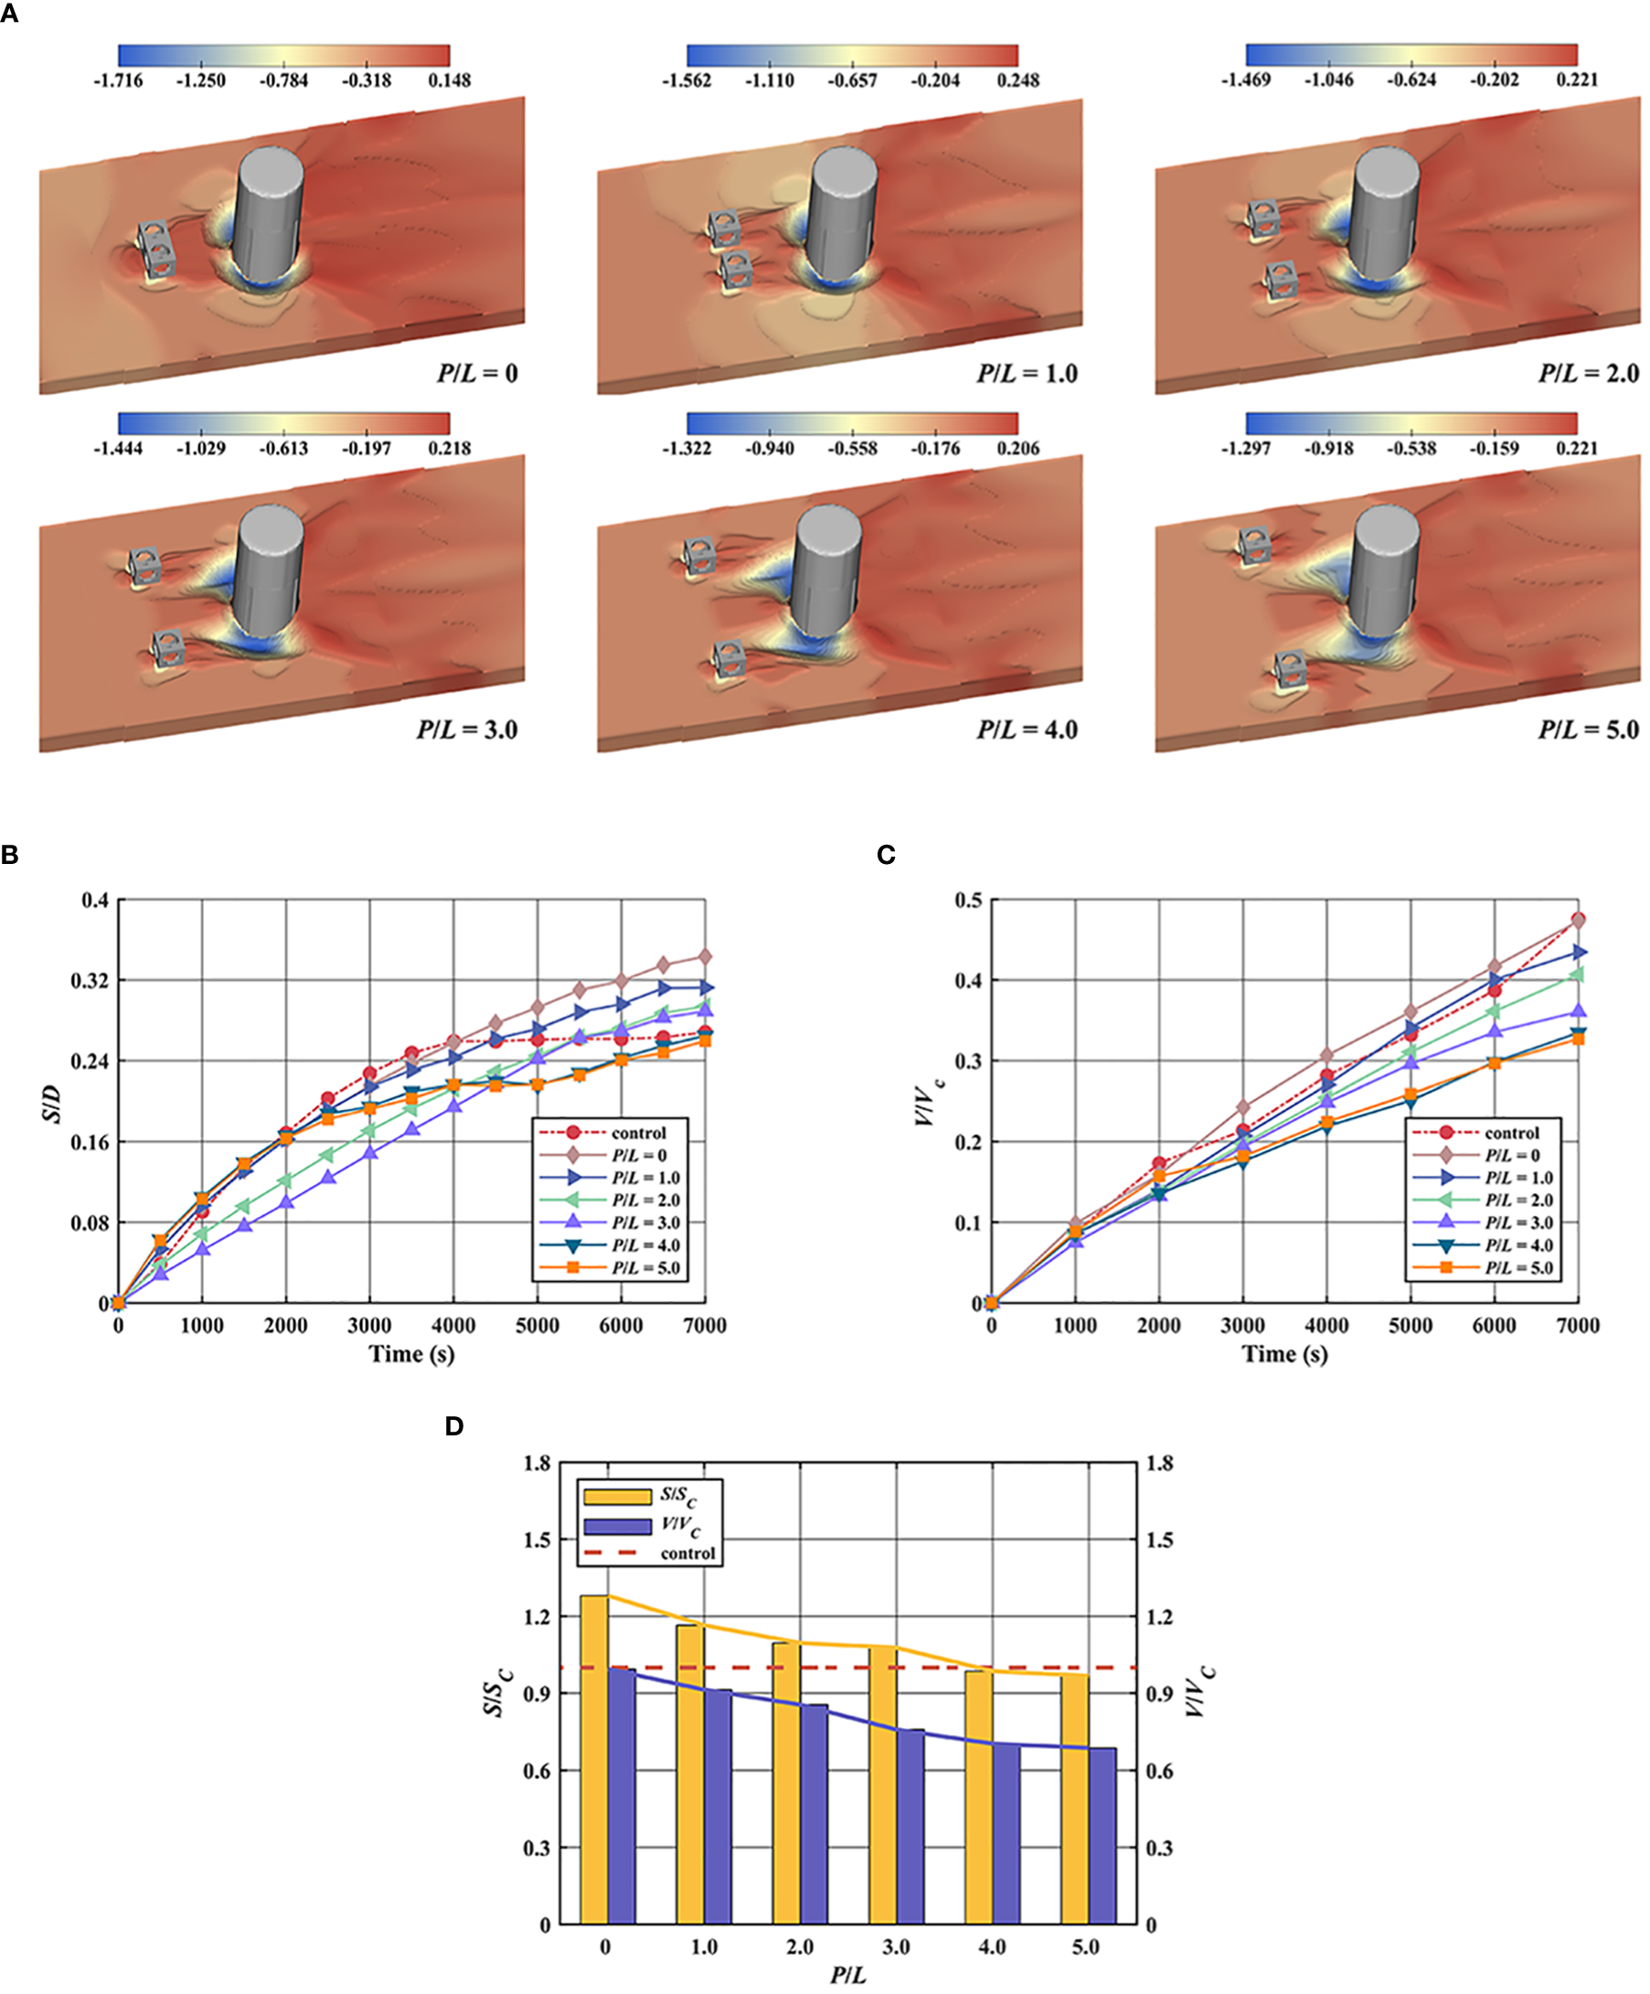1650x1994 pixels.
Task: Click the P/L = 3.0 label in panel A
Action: [466, 730]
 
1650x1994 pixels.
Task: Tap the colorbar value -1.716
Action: [118, 80]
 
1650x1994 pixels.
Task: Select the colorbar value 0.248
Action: [1017, 80]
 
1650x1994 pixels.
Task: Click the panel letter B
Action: [10, 855]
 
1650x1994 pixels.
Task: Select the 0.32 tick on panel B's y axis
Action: [90, 980]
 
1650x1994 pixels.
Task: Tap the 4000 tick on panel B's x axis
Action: [452, 1326]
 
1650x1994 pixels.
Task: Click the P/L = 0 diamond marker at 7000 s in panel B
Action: [705, 957]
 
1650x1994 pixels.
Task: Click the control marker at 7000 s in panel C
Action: [1578, 919]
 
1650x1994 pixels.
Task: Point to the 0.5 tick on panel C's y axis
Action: [968, 900]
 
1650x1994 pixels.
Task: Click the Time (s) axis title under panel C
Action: [1284, 1354]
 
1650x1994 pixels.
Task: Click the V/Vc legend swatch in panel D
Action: [617, 1528]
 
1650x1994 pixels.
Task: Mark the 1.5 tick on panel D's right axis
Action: [1159, 1541]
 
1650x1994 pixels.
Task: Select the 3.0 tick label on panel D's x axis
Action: [895, 1947]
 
